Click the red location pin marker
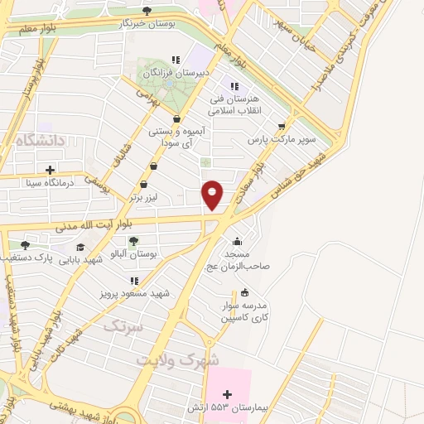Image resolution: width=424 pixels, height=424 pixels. click(213, 194)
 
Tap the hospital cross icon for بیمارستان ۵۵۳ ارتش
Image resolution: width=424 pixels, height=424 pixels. click(228, 394)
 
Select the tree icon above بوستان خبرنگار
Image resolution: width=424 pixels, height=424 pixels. click(147, 11)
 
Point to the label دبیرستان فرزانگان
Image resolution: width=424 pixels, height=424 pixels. click(173, 73)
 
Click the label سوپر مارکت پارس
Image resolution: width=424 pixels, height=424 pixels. click(286, 140)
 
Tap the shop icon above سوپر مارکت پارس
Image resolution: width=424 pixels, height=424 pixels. click(282, 127)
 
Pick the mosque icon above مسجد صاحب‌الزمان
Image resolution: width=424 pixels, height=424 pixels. click(238, 242)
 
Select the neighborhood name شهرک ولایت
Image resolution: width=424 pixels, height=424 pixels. click(178, 361)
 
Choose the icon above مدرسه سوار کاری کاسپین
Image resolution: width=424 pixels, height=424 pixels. click(244, 292)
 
